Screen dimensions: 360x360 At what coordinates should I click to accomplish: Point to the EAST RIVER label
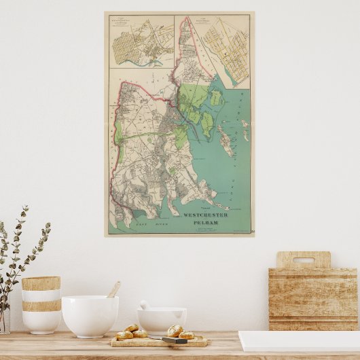(146, 223)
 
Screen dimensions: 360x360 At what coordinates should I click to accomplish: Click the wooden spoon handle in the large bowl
(114, 289)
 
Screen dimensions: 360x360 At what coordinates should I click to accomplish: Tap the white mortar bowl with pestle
(162, 320)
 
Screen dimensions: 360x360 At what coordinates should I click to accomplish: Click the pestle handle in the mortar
(145, 305)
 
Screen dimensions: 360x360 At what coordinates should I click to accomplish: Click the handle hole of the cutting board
(303, 260)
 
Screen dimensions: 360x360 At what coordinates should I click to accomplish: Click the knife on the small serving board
(178, 339)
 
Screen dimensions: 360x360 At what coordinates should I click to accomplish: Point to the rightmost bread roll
(186, 335)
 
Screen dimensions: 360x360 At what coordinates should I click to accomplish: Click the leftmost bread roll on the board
(124, 335)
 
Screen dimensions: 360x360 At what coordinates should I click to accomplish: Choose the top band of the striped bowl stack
(41, 283)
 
